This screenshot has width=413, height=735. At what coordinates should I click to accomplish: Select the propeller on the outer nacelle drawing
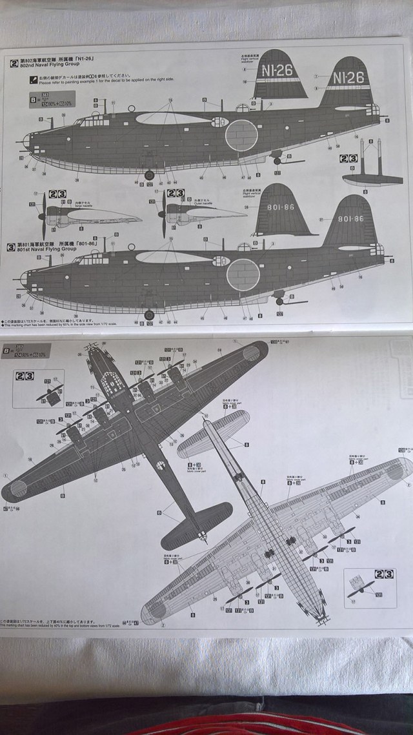coord(163,214)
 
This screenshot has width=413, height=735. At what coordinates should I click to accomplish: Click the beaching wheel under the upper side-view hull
coord(149,174)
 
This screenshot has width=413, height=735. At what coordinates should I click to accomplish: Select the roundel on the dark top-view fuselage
coord(161,465)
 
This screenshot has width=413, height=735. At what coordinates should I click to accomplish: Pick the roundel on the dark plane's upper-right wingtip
coord(250,353)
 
